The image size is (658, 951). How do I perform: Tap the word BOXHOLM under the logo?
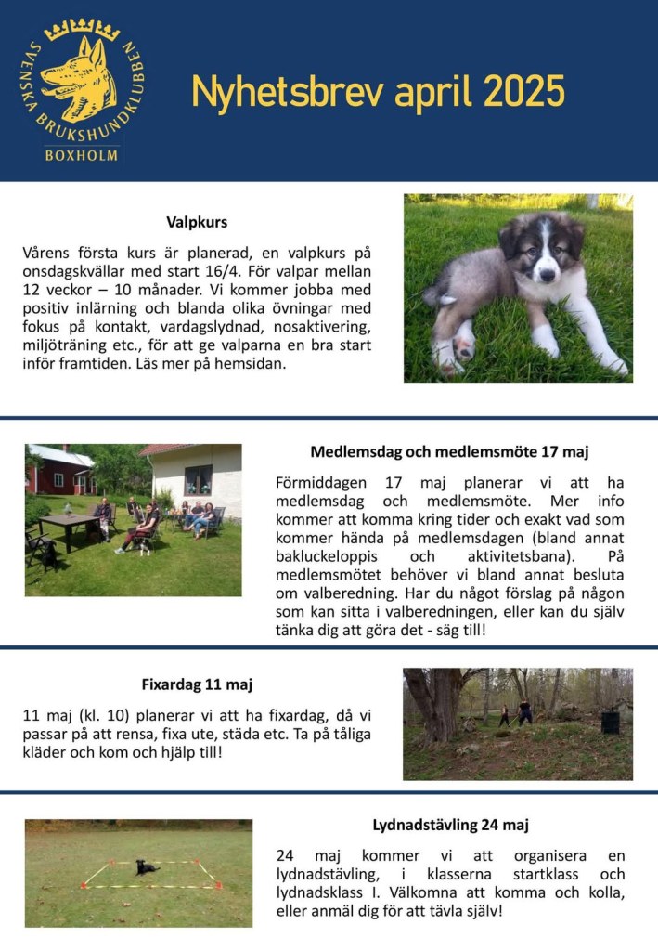(82, 155)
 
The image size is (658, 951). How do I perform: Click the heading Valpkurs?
(197, 222)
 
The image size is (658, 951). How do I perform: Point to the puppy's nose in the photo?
(546, 277)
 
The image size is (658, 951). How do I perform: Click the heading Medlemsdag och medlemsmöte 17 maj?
(450, 452)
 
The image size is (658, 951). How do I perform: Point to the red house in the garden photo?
(59, 473)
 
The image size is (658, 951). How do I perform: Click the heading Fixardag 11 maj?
(197, 684)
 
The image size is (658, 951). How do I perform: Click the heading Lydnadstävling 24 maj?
(450, 824)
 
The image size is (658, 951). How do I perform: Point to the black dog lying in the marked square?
(145, 867)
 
